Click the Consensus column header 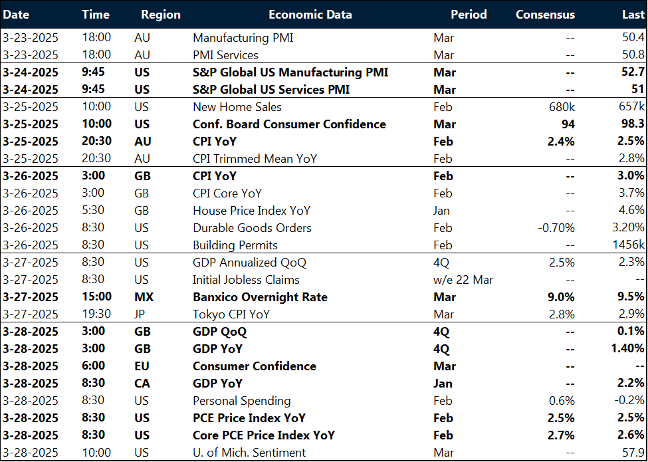pos(545,14)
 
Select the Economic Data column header pos(310,14)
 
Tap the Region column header pos(161,14)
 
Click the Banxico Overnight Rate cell pos(260,297)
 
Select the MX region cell pos(142,297)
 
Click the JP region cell pos(140,314)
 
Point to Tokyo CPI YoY pos(231,314)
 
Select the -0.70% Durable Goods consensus pos(556,228)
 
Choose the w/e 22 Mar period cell pos(463,280)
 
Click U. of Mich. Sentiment pos(249,453)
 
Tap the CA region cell pos(141,384)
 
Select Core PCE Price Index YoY pos(264,435)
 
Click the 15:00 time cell pos(96,297)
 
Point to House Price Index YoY pos(251,211)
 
